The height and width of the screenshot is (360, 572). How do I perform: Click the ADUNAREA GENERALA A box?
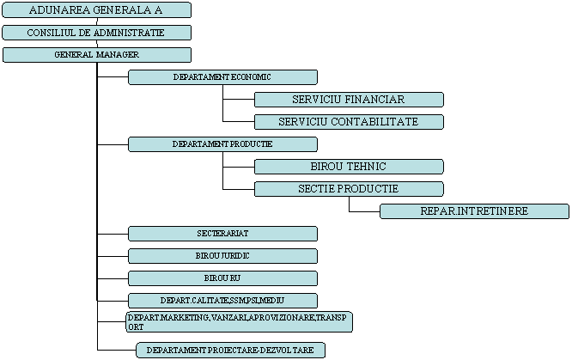point(96,10)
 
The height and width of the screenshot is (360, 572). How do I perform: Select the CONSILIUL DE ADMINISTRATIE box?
point(96,33)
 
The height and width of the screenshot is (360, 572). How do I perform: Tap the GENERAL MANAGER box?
point(96,55)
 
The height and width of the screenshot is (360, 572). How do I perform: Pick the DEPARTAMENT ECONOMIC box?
point(222,77)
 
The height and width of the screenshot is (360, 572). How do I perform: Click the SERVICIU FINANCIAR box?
point(349,100)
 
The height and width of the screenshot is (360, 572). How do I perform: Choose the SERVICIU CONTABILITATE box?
point(349,122)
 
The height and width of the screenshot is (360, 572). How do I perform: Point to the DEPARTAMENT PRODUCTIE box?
point(222,144)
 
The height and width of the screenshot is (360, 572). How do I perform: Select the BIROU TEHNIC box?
point(349,167)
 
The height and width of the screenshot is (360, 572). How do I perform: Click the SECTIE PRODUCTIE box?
point(349,189)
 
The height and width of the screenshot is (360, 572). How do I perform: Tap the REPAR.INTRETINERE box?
point(474,211)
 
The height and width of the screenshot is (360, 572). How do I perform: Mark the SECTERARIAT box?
point(222,234)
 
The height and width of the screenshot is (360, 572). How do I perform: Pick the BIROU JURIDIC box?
point(222,256)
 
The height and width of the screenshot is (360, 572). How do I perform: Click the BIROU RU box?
point(222,278)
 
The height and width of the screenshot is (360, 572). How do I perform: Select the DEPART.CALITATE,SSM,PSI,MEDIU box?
point(222,301)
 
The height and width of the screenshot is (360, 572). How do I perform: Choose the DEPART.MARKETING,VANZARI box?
point(239,322)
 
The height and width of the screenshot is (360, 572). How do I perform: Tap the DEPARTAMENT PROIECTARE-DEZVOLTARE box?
point(231,351)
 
